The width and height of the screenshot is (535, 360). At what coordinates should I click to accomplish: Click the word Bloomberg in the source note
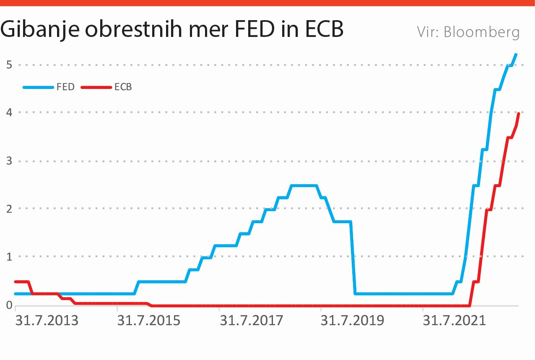click(x=481, y=32)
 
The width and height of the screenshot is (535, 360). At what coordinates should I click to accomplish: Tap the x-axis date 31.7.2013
click(x=47, y=321)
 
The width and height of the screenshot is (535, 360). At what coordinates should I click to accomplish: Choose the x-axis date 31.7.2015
click(x=149, y=321)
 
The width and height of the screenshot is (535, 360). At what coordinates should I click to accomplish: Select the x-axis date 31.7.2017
click(x=251, y=321)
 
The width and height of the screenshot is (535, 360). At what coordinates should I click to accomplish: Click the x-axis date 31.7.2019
click(x=352, y=321)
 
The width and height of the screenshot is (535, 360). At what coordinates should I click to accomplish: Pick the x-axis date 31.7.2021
click(x=454, y=321)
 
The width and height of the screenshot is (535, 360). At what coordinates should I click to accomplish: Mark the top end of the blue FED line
click(x=516, y=54)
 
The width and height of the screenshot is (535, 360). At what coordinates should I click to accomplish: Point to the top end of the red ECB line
click(x=519, y=114)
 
